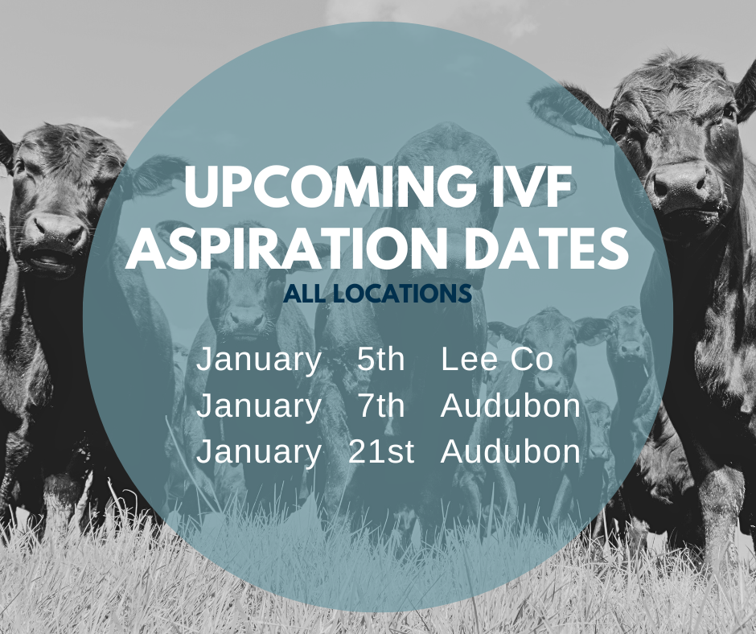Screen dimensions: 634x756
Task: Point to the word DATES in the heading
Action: (551, 250)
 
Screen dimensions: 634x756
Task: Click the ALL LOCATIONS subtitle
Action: (377, 294)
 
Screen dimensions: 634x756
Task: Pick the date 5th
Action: (380, 360)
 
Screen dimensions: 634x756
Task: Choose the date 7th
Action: (380, 406)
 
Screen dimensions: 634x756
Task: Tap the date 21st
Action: (381, 452)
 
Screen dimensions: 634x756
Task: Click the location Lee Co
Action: (497, 360)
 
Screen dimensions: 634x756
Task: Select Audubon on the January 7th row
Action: (511, 406)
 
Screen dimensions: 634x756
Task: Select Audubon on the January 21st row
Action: (511, 452)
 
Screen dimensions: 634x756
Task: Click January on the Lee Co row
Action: (258, 360)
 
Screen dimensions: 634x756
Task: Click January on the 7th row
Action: (258, 407)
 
